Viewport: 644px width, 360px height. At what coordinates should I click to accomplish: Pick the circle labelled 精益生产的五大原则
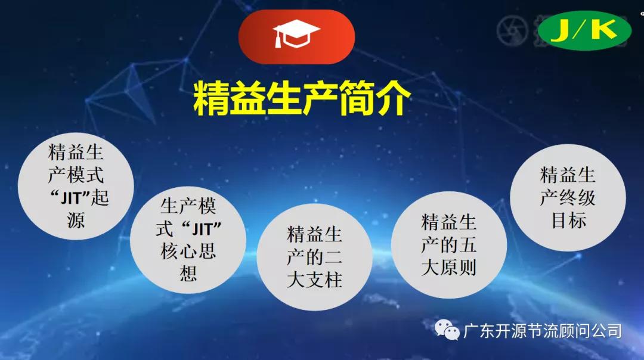click(x=448, y=246)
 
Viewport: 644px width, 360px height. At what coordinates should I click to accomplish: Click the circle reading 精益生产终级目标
click(x=567, y=197)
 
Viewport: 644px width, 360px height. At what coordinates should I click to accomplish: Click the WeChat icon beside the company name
click(x=447, y=330)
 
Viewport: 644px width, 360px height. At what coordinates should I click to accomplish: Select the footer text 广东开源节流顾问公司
click(x=542, y=330)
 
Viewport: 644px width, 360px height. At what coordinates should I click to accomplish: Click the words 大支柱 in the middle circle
click(x=314, y=280)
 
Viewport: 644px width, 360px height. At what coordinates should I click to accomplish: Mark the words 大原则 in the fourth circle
click(x=448, y=268)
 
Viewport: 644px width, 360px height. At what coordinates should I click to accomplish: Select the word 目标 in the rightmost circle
click(x=568, y=221)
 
